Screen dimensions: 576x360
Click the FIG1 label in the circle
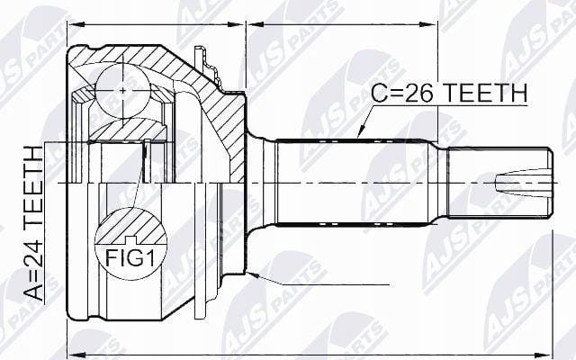click(x=130, y=258)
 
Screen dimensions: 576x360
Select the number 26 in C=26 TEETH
click(x=420, y=93)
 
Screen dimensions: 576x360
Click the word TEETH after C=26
click(x=486, y=93)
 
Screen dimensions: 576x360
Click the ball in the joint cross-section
click(x=122, y=90)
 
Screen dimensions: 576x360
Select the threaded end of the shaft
click(x=500, y=183)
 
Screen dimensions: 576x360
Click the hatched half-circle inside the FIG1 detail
click(x=130, y=226)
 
